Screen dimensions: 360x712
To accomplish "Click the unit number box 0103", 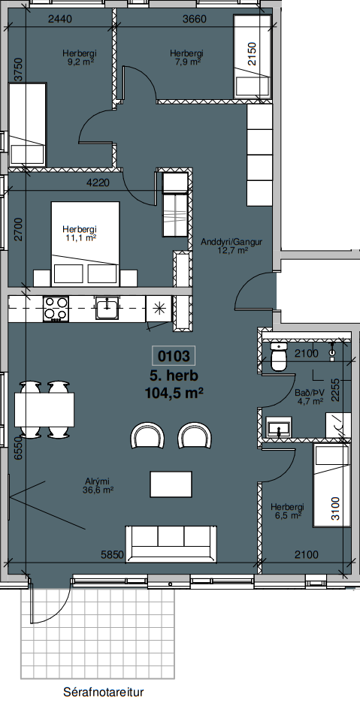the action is click(x=173, y=356).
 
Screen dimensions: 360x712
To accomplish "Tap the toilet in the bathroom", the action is click(x=278, y=356).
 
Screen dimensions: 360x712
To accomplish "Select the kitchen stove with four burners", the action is click(x=56, y=309).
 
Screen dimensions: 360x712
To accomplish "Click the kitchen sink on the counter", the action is click(x=107, y=308).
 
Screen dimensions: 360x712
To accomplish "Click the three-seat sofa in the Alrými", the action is click(x=171, y=544).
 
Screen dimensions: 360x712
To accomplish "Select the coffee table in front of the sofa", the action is click(x=171, y=484).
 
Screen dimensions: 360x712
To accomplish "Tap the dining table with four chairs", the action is click(x=44, y=409).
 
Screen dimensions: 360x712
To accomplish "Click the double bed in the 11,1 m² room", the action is click(x=86, y=244).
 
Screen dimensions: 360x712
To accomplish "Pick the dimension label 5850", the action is click(x=113, y=555).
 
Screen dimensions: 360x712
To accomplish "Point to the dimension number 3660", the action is click(x=194, y=19).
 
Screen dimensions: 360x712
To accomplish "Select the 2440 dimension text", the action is click(x=61, y=19).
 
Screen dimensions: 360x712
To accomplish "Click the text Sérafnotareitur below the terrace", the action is click(x=103, y=692).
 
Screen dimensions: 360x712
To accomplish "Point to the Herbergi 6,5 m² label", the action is click(x=287, y=511).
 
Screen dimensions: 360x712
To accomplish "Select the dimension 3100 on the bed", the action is click(x=335, y=509).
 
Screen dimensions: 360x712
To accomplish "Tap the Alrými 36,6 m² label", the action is click(x=98, y=485).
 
